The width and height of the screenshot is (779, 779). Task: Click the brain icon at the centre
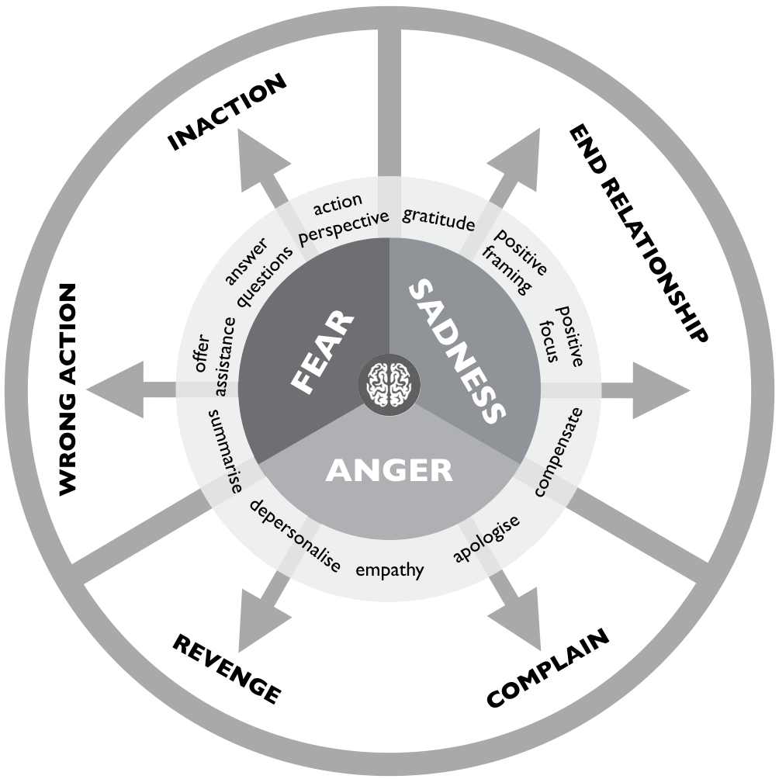(x=389, y=383)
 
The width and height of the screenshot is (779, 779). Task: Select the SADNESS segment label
(x=454, y=351)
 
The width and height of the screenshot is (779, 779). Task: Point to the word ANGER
(x=389, y=469)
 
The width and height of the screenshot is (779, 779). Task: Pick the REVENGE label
(x=226, y=669)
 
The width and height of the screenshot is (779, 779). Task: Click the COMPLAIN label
(x=548, y=668)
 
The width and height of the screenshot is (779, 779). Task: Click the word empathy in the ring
(x=389, y=571)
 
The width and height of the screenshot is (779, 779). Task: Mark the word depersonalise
(x=295, y=535)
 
